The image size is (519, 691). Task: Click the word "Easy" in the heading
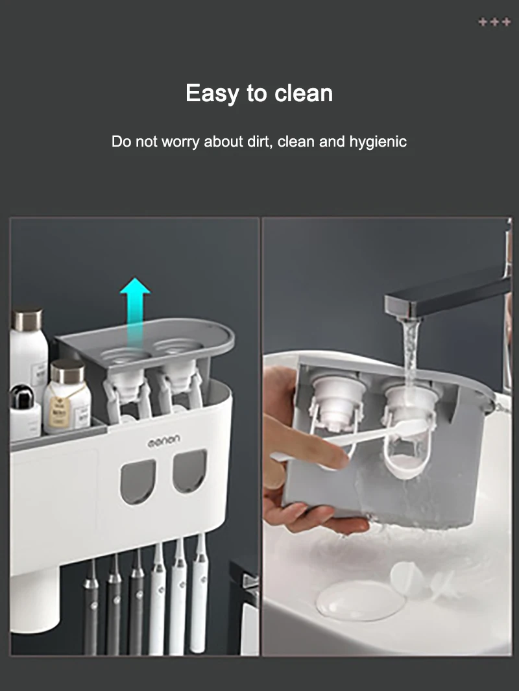[x=213, y=93]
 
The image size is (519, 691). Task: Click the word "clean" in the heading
[x=304, y=93]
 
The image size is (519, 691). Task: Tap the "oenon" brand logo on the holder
[x=163, y=441]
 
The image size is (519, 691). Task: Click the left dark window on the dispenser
[x=138, y=481]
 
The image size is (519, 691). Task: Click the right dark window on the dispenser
[x=189, y=472]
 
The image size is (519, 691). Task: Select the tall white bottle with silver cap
[x=29, y=350]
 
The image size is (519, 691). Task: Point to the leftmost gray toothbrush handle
[x=91, y=610]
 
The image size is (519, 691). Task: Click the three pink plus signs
[x=494, y=23]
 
